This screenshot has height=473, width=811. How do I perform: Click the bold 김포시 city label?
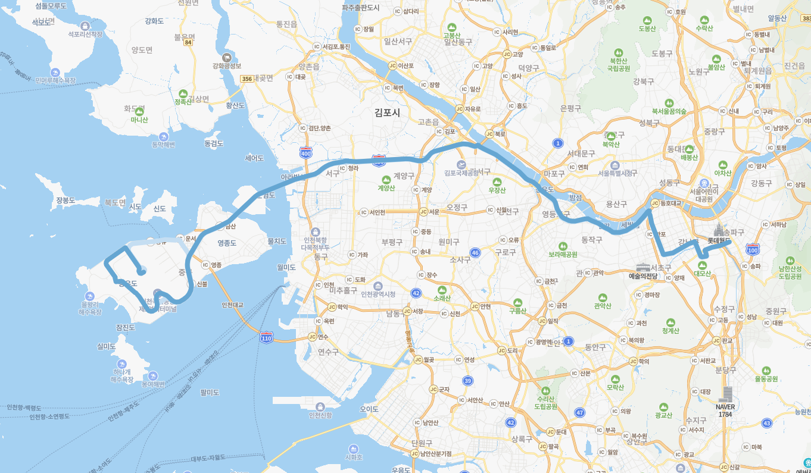388,112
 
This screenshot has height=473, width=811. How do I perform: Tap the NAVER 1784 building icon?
725,394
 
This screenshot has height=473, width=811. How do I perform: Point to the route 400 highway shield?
306,152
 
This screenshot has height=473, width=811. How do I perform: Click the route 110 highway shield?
266,338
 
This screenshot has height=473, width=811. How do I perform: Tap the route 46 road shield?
475,253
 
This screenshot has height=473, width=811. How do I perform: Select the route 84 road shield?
188,42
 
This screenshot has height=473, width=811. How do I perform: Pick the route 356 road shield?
247,79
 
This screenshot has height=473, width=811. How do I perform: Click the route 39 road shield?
468,381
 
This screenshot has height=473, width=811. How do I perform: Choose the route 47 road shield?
579,412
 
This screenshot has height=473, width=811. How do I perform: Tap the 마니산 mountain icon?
139,111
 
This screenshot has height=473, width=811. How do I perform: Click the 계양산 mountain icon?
386,178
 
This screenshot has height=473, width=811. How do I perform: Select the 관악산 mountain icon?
603,297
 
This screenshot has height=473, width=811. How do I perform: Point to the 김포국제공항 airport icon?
461,164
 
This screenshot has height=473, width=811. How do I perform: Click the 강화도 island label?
154,21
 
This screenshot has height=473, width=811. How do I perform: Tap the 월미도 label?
286,268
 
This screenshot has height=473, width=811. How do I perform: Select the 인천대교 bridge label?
232,305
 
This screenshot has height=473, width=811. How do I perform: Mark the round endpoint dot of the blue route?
141,272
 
